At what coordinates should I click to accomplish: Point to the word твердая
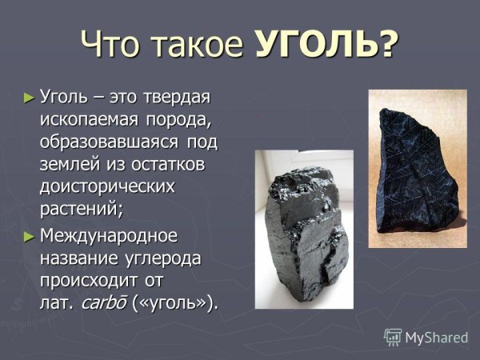tap(171, 98)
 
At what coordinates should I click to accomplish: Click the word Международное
tap(108, 237)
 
